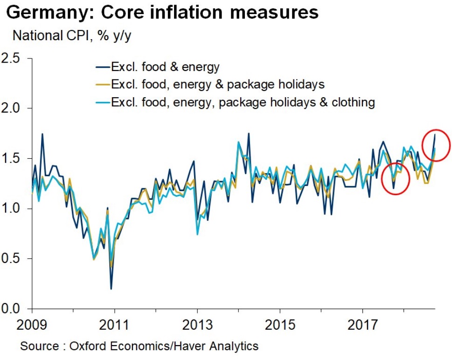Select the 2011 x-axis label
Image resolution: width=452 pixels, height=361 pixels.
pos(114,325)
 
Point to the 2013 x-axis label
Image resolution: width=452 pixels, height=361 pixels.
pos(197,325)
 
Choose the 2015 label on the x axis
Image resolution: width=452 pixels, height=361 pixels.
pos(280,325)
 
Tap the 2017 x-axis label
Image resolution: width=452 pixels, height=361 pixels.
pos(362,325)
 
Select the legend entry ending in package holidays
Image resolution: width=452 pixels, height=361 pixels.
pos(217,84)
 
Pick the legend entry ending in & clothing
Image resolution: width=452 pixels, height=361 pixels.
pos(243,102)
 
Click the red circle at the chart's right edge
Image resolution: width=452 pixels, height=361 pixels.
pos(436,144)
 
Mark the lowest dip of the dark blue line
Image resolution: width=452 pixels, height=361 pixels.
pos(111,288)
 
